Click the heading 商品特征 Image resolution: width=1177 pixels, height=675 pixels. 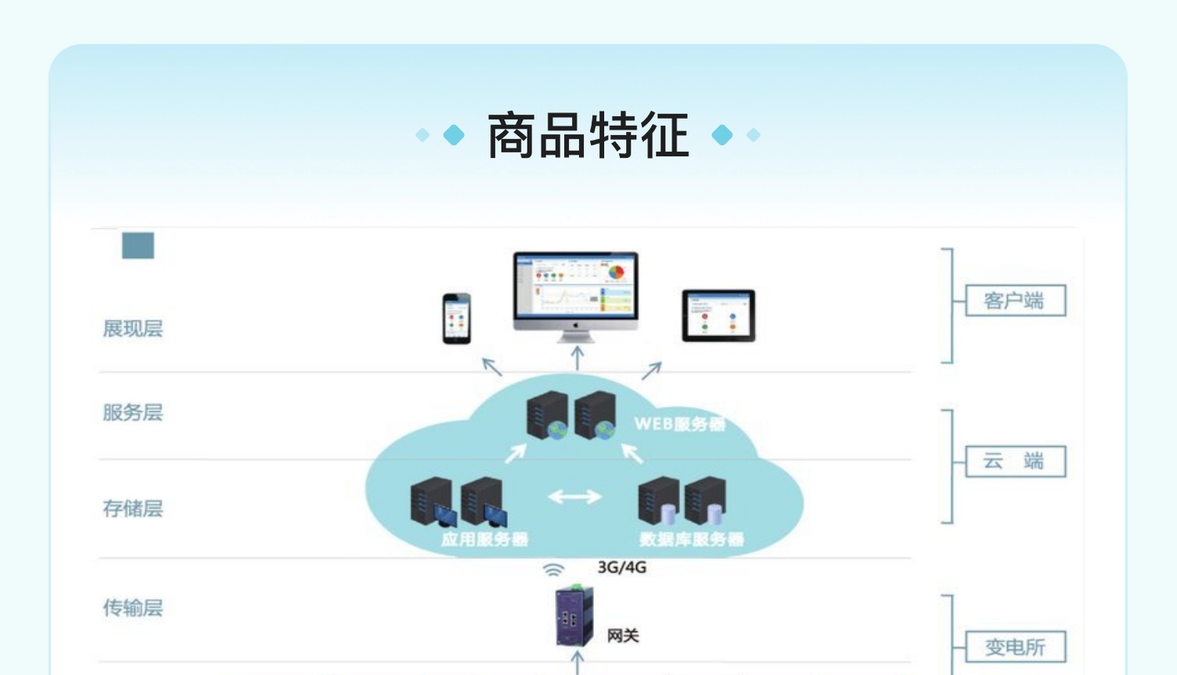click(x=588, y=136)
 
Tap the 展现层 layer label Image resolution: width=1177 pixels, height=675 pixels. click(x=133, y=329)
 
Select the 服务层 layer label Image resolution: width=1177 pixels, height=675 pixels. click(x=133, y=412)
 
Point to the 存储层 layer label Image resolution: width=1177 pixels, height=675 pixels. click(x=133, y=509)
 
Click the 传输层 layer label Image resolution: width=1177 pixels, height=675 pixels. click(x=133, y=608)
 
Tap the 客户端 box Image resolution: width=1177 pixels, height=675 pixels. click(x=1015, y=301)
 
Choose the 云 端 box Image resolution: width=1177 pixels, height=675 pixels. click(x=1015, y=461)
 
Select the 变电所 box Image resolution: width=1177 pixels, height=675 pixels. click(x=1015, y=647)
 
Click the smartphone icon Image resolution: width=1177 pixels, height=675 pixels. click(x=457, y=318)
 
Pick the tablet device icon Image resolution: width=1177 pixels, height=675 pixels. click(x=718, y=316)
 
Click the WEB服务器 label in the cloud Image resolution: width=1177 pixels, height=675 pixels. click(x=679, y=424)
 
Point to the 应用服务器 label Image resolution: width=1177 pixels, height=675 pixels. click(x=484, y=539)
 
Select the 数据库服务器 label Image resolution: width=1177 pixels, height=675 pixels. click(x=691, y=539)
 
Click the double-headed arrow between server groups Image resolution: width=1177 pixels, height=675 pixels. click(x=574, y=496)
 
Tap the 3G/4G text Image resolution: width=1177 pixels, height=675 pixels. click(x=622, y=567)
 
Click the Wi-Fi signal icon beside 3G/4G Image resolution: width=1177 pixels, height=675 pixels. click(x=553, y=570)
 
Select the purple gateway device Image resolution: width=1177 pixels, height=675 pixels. click(x=574, y=617)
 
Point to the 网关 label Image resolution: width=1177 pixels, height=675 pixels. click(x=623, y=636)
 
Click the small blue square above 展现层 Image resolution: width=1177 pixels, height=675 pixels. click(x=138, y=245)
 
